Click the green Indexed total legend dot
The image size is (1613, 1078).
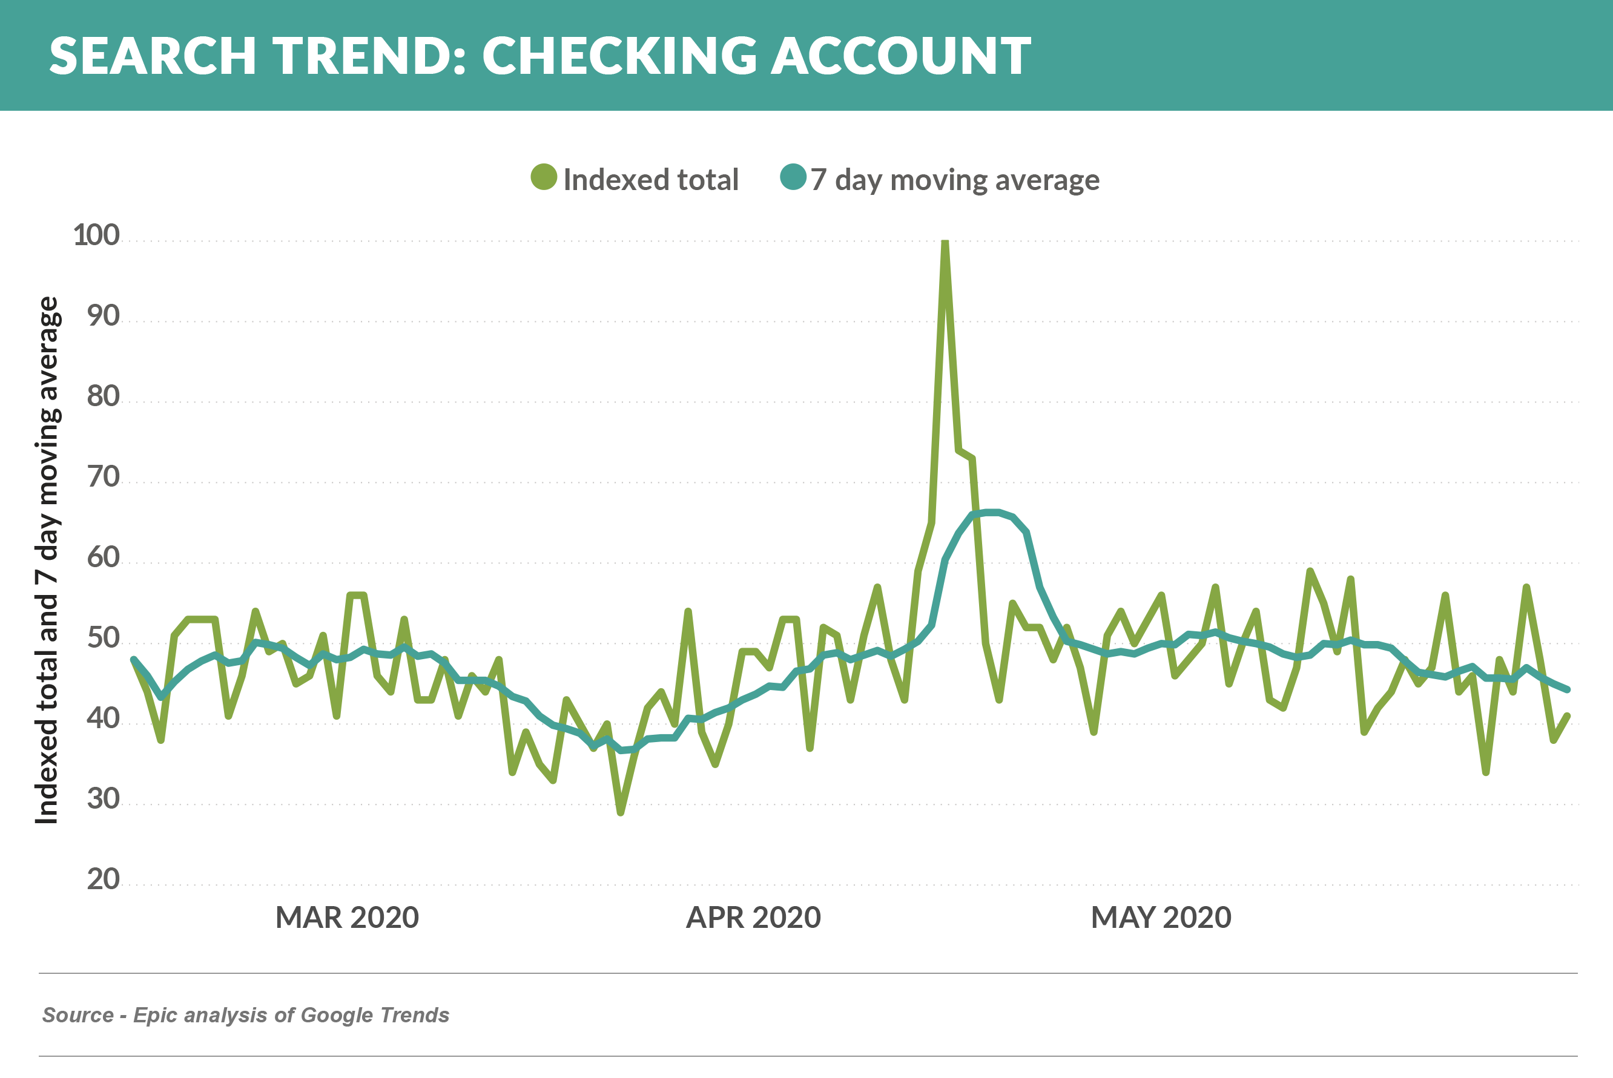coord(543,177)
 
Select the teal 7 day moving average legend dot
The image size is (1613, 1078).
coord(793,177)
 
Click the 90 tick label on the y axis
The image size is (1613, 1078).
coord(103,315)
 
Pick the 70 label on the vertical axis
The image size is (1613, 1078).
coord(103,476)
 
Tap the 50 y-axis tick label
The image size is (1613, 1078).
coord(103,638)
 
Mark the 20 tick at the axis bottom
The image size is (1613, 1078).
coord(103,879)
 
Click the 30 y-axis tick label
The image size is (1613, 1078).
coord(103,799)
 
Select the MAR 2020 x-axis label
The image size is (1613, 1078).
coord(347,918)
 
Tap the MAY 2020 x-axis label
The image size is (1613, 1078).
coord(1161,918)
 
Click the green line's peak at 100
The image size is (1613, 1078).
coord(945,242)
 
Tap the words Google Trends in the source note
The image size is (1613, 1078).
coord(375,1016)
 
